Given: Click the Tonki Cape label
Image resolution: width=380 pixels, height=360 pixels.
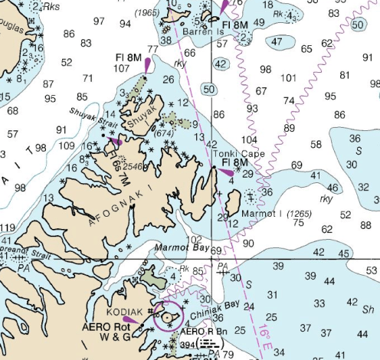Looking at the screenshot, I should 243,153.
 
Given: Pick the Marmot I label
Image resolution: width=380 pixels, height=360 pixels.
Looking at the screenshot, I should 264,213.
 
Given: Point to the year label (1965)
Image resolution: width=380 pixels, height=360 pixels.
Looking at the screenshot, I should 147,13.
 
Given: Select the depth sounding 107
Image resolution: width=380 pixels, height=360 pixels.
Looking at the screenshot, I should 122,68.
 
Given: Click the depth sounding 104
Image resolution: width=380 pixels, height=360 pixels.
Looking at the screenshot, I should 248,140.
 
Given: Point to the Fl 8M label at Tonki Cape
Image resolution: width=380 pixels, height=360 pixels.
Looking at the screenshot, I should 235,163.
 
